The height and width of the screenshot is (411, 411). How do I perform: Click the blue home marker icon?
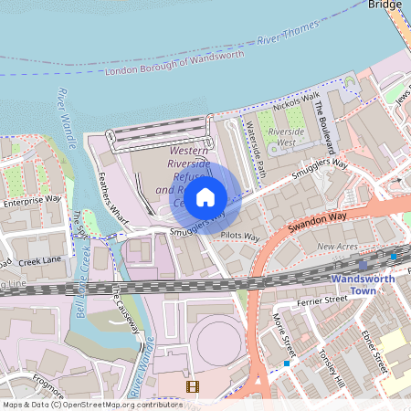205,196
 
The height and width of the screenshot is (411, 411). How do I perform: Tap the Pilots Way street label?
240,237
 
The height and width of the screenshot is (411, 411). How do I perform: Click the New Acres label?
337,247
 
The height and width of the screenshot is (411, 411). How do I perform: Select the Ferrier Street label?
322,299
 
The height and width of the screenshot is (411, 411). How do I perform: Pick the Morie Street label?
284,338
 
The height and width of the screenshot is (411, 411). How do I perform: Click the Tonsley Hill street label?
333,362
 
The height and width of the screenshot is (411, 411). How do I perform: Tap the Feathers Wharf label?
115,193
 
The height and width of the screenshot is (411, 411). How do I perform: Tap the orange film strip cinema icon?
192,387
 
